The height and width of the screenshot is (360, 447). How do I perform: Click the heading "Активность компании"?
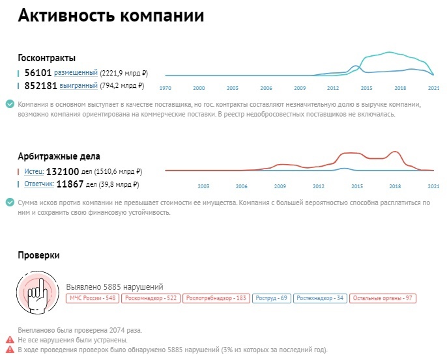pos(110,16)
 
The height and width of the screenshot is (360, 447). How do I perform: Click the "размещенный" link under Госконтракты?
pos(76,73)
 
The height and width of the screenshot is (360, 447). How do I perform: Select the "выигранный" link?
pos(78,85)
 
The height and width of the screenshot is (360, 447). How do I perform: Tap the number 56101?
pos(38,73)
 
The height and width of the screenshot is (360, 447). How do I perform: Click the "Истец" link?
pos(33,172)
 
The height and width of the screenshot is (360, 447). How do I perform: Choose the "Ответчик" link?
pos(38,184)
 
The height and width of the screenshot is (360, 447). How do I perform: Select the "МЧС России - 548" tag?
pos(92,298)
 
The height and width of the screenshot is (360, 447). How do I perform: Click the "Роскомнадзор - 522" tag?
pos(151,298)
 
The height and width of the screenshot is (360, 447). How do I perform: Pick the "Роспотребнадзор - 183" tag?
pos(216,298)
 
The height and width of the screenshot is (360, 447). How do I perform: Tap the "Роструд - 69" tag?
pos(271,298)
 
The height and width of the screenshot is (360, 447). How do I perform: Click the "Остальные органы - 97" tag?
pos(382,298)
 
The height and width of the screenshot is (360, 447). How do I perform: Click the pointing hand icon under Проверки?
pos(39,287)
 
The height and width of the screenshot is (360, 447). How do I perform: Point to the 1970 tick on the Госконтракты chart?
pos(166,87)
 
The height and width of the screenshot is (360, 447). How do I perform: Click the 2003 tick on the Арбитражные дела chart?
pos(203,186)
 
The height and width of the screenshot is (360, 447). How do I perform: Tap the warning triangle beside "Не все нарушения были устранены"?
pos(9,340)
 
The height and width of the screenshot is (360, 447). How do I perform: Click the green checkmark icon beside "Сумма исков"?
pos(9,202)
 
